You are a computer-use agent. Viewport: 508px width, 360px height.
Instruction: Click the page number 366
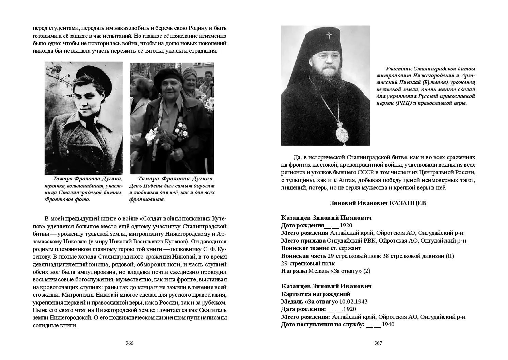(129, 343)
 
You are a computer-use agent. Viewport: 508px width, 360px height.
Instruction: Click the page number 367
(378, 343)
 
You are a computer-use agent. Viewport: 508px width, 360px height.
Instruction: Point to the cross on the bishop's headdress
(329, 35)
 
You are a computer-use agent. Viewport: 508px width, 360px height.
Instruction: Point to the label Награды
(294, 271)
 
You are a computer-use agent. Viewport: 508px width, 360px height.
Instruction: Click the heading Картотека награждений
(316, 294)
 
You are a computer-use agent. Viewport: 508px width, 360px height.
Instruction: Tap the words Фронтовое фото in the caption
(67, 199)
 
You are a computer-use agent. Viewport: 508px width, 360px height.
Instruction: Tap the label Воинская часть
(303, 256)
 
